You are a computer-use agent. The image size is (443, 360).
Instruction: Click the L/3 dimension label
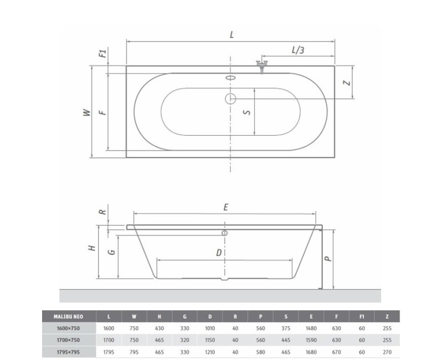(x=298, y=50)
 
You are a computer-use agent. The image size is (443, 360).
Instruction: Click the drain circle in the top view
(x=230, y=99)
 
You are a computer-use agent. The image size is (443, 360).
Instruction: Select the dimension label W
(x=86, y=112)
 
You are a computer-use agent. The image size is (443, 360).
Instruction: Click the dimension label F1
(x=102, y=54)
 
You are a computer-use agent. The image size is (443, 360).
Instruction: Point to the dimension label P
(x=327, y=259)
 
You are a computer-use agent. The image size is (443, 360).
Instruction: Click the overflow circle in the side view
(x=224, y=233)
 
